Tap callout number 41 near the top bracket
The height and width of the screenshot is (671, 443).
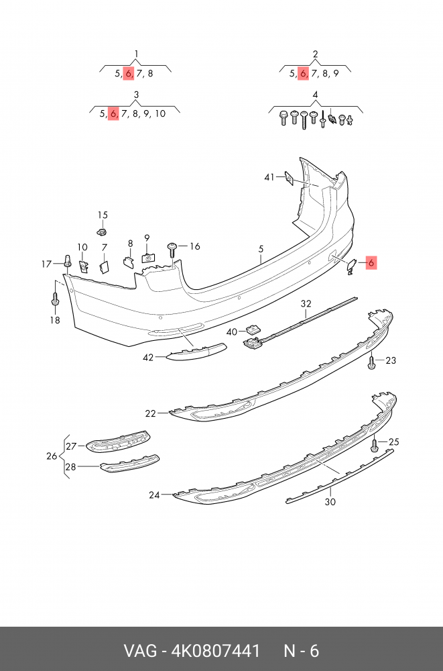pos(269,177)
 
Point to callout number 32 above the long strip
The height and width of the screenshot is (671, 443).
pos(306,304)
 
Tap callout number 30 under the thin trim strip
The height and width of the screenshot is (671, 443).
pos(330,501)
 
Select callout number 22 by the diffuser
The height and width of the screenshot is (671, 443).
pos(150,413)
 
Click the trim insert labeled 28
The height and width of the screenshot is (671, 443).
pos(129,463)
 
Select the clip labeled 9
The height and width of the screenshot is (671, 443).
pos(148,256)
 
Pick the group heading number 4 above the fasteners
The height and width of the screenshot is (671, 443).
pos(315,95)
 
